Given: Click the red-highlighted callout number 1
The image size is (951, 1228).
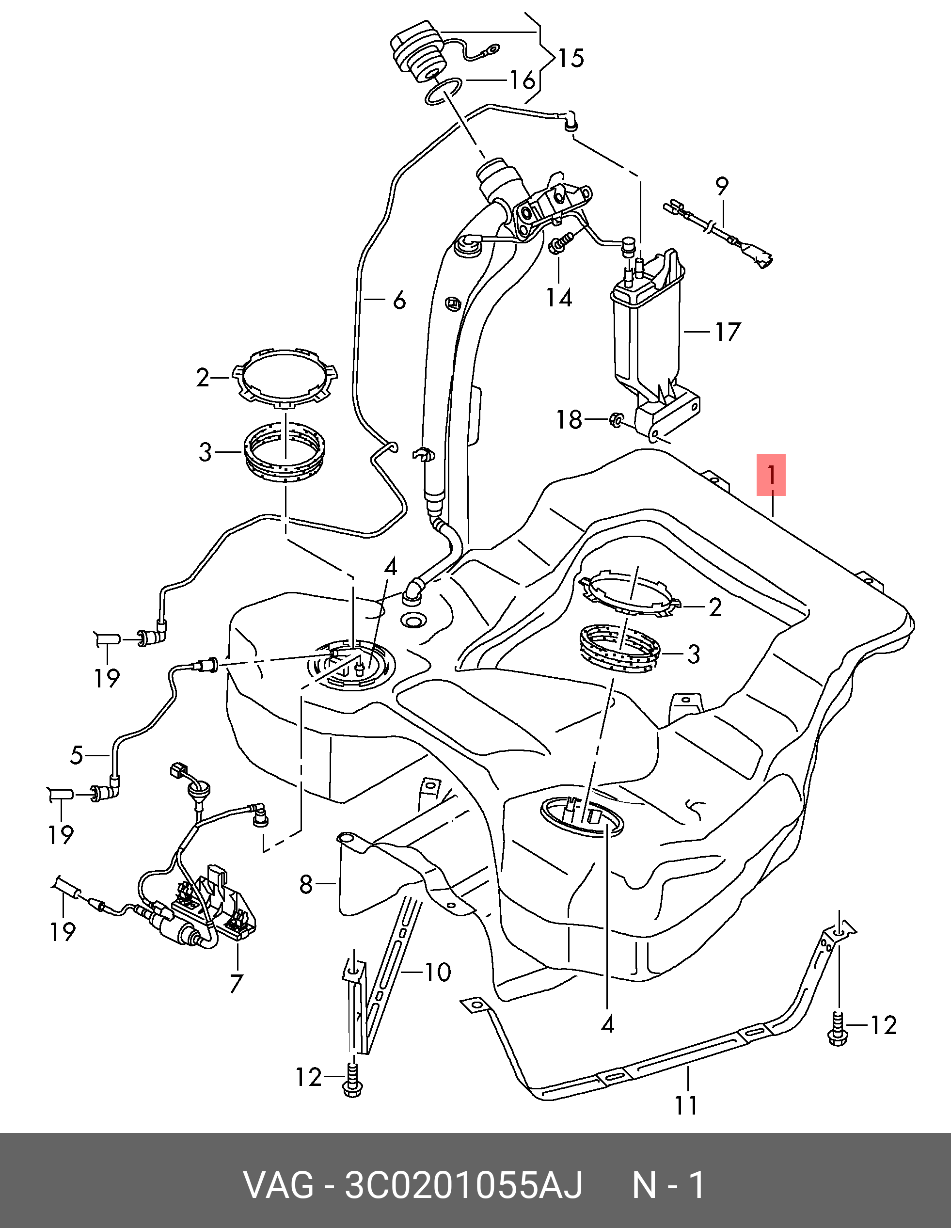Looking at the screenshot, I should [771, 475].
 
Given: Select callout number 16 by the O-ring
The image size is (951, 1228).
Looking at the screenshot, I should [521, 80].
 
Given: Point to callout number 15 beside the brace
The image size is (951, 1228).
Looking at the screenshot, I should [571, 58].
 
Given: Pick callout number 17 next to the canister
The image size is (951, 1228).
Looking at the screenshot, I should [727, 332].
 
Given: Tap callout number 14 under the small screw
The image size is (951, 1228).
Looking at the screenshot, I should [559, 298].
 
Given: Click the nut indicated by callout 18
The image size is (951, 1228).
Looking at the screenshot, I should [616, 419].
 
